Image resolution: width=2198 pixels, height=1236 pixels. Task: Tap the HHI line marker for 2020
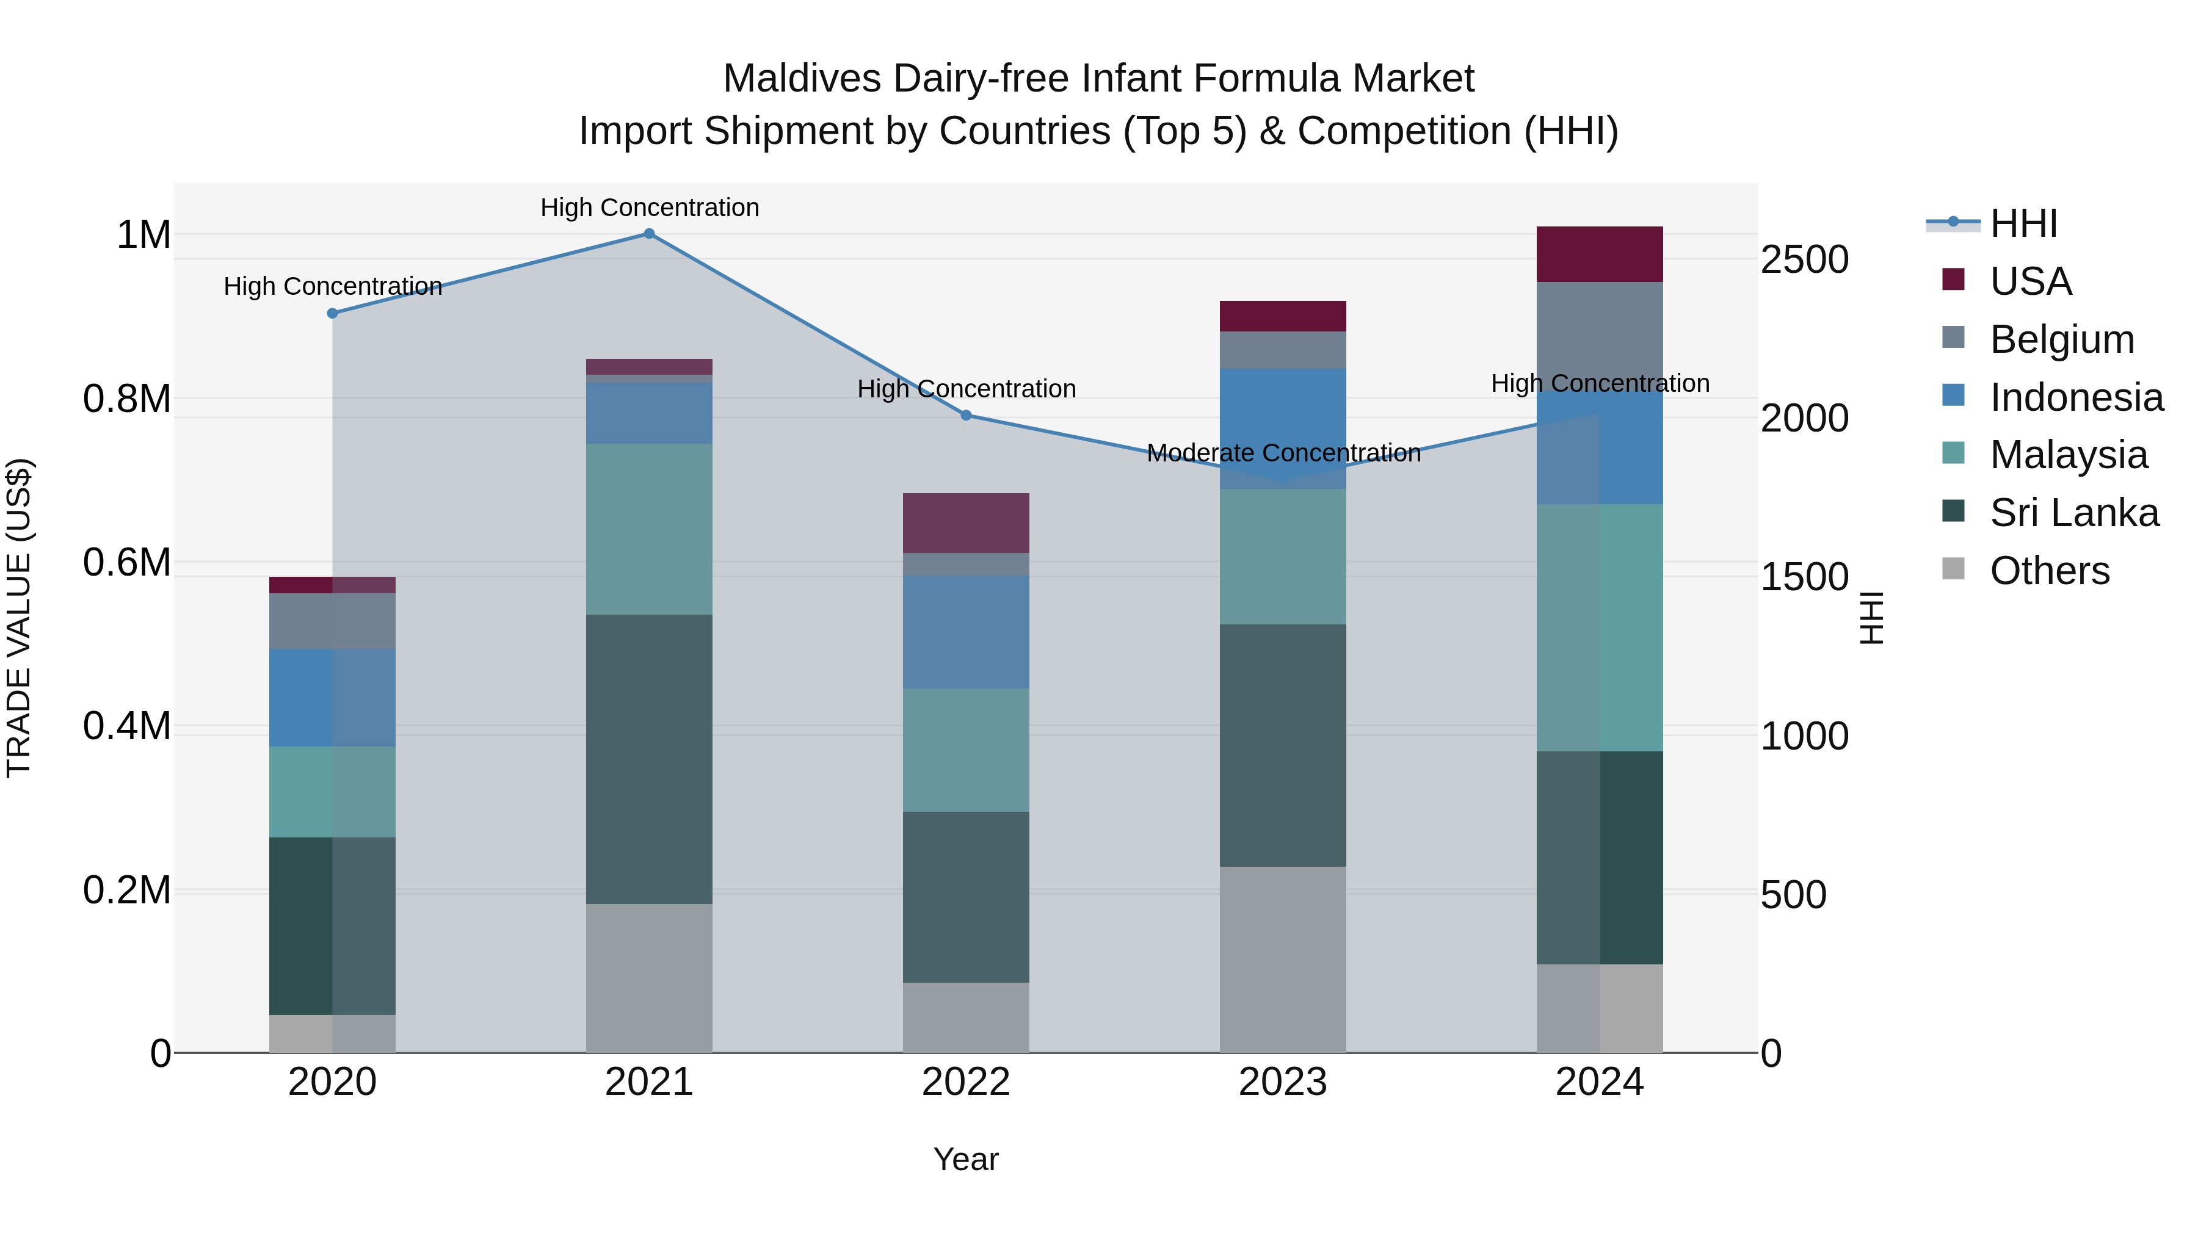pyautogui.click(x=333, y=313)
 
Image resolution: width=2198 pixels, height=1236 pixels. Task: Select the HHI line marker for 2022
pyautogui.click(x=966, y=416)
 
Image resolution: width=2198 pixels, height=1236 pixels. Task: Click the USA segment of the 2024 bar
pyautogui.click(x=1599, y=254)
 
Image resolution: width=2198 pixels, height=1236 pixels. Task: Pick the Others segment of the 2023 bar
pyautogui.click(x=1282, y=959)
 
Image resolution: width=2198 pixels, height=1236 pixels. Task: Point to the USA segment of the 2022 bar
pyautogui.click(x=966, y=523)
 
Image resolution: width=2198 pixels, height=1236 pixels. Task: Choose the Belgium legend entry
pyautogui.click(x=2061, y=339)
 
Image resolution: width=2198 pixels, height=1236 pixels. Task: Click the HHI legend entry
pyautogui.click(x=2022, y=223)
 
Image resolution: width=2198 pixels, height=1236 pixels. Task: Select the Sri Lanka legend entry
pyautogui.click(x=2073, y=513)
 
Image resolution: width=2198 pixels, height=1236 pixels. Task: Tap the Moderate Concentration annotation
pyautogui.click(x=1283, y=453)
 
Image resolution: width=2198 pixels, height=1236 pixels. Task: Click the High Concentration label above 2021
pyautogui.click(x=650, y=208)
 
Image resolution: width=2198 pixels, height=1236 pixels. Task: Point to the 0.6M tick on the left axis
pyautogui.click(x=126, y=563)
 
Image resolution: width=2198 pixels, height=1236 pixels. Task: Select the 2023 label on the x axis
pyautogui.click(x=1282, y=1082)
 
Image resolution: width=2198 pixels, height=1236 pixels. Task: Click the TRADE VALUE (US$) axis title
pyautogui.click(x=19, y=618)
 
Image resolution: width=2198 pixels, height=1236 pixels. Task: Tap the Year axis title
pyautogui.click(x=965, y=1159)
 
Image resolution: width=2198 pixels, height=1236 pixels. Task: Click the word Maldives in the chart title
pyautogui.click(x=801, y=79)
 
